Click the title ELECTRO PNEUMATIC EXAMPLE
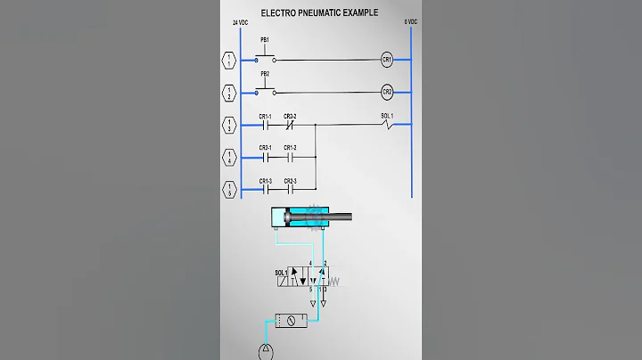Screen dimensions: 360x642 [318, 13]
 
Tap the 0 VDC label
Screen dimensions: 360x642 [411, 21]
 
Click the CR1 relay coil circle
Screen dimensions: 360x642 [387, 60]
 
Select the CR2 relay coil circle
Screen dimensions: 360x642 [387, 92]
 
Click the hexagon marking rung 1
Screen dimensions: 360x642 [229, 60]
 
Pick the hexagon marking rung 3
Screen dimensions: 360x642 [229, 125]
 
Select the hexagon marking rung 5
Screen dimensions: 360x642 [229, 189]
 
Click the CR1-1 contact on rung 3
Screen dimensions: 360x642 [265, 126]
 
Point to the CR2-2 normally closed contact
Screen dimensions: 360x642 [290, 126]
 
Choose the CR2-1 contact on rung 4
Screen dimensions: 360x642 [265, 157]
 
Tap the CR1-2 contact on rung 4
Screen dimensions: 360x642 [290, 157]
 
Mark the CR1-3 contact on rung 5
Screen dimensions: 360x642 [265, 189]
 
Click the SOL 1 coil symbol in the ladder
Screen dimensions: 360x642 [386, 126]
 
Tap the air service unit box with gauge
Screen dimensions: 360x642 [291, 319]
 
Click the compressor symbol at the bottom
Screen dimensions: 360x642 [266, 352]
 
